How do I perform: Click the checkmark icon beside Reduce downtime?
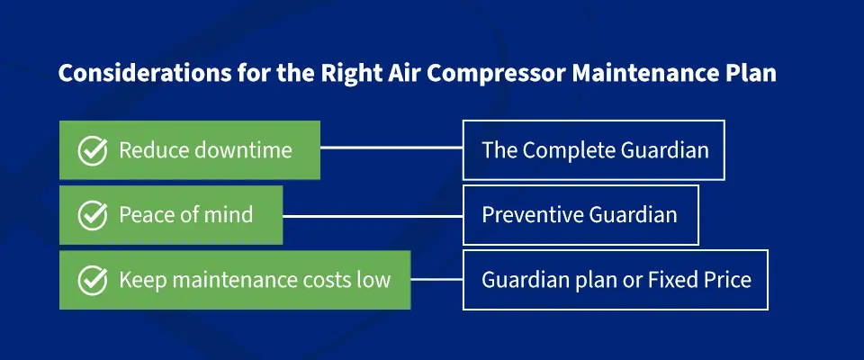coord(93,149)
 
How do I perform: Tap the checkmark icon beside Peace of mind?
coord(93,215)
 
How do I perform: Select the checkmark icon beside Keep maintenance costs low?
coord(93,280)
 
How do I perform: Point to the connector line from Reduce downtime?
coord(391,148)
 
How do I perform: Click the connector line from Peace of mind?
coord(373,215)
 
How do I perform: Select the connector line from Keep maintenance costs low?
coord(436,280)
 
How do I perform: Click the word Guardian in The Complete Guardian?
coord(665,149)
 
